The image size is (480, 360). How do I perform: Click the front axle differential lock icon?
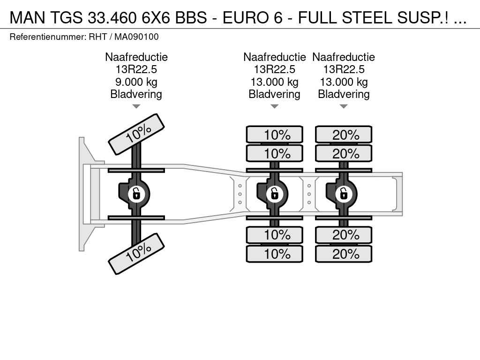tap(136, 194)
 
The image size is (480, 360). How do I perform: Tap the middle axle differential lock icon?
tap(275, 194)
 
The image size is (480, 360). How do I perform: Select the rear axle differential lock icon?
tap(344, 194)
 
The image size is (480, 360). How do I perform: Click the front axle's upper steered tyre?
tap(136, 135)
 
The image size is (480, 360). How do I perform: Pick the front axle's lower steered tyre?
tap(136, 254)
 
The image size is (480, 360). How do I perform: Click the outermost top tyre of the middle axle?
tap(275, 135)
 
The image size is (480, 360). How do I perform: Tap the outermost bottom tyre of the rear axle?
tap(344, 254)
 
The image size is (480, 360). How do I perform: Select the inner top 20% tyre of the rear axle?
tap(344, 153)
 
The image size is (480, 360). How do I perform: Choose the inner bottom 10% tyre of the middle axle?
tap(275, 235)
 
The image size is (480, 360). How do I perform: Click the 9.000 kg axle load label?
tap(136, 82)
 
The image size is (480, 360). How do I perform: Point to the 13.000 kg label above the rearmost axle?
tap(344, 82)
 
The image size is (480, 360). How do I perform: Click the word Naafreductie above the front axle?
tap(136, 57)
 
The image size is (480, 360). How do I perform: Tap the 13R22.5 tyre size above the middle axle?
tap(275, 69)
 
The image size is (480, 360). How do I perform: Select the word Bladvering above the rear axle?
tap(344, 94)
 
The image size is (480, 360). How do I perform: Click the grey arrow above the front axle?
tap(136, 106)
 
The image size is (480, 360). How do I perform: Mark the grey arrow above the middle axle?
tap(275, 106)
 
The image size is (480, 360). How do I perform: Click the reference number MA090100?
tap(136, 37)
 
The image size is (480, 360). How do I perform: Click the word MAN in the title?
tap(28, 17)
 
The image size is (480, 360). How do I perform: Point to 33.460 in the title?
tap(112, 17)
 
